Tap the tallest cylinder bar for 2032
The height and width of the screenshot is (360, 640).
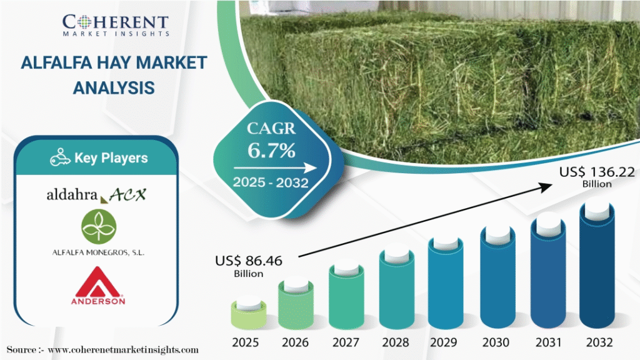tap(597, 266)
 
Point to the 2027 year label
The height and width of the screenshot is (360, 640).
tap(346, 342)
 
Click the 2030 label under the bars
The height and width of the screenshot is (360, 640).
tap(497, 342)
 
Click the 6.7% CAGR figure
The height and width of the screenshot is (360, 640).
tap(271, 150)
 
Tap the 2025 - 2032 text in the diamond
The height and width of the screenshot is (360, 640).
tap(271, 183)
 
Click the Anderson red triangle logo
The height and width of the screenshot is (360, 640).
tap(96, 286)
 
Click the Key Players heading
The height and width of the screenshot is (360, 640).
tap(111, 158)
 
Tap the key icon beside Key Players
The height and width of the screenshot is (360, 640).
tap(59, 157)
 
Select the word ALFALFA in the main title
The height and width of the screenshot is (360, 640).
tap(58, 63)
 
